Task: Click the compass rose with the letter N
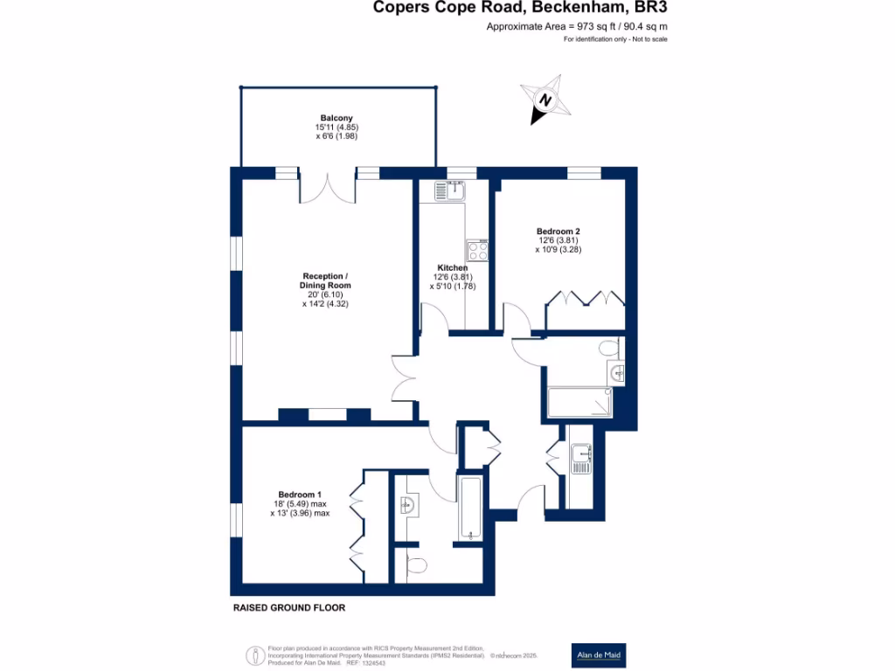point(545,101)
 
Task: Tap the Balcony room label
point(336,118)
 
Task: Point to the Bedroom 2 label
point(559,231)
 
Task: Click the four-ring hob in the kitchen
point(477,251)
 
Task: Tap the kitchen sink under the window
point(454,189)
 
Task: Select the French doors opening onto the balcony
point(328,188)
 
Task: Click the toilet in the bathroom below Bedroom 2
point(611,349)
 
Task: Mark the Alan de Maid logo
point(598,654)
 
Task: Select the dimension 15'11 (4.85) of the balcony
point(336,128)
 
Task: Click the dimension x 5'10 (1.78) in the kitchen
point(453,286)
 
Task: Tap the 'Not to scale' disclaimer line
point(615,40)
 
